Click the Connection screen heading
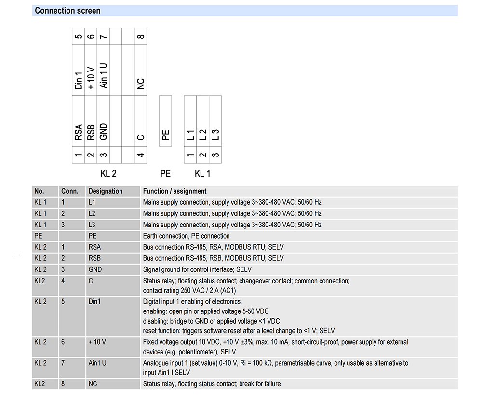[x=67, y=11]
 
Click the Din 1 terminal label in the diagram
[x=79, y=80]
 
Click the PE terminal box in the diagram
[x=165, y=121]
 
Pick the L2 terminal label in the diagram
[x=203, y=135]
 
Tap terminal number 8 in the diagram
[x=140, y=37]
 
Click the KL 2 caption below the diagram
[x=108, y=173]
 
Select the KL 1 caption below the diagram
[x=202, y=173]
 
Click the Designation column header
[x=106, y=191]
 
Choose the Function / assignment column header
[x=174, y=191]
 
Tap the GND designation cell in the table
[x=95, y=269]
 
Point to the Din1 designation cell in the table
[x=94, y=302]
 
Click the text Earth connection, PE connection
[x=186, y=236]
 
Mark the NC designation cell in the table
[x=93, y=384]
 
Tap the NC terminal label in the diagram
[x=140, y=84]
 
